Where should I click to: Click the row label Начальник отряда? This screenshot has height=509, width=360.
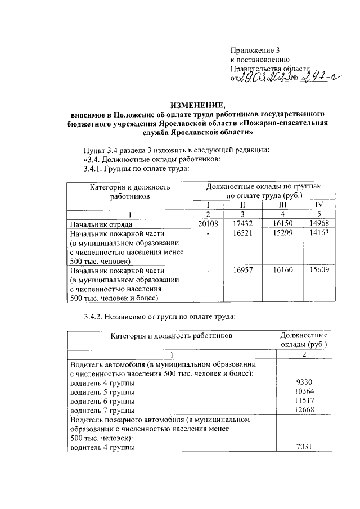(x=100, y=224)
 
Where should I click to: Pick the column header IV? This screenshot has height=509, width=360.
(x=319, y=204)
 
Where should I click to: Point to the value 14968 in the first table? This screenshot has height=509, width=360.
(x=319, y=224)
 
